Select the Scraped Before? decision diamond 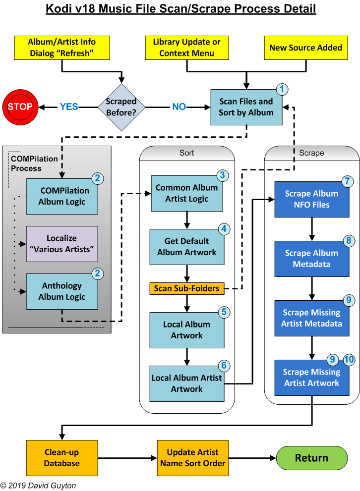pos(121,107)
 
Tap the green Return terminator pos(311,458)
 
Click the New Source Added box pos(305,48)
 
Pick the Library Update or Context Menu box pos(187,48)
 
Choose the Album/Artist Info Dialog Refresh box pos(61,48)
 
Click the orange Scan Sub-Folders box pos(186,288)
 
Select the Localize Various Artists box pos(62,244)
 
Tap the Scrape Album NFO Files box pos(311,199)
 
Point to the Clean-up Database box pos(61,458)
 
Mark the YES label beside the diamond pos(69,107)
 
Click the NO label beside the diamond pos(179,107)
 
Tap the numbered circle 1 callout pos(282,89)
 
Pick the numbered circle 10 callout pos(349,360)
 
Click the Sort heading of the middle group pos(186,153)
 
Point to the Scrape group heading pos(311,153)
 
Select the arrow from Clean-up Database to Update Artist pos(127,458)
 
